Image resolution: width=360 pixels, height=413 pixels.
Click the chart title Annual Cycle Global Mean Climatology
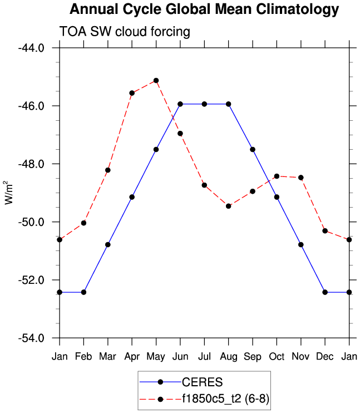(204, 9)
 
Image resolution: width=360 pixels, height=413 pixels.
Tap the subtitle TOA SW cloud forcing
(125, 32)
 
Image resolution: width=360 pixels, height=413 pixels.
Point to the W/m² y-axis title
(8, 193)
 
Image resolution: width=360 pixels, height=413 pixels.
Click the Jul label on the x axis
(204, 356)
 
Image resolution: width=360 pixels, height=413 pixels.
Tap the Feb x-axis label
(83, 356)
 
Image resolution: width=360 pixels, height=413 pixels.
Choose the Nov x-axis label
(301, 356)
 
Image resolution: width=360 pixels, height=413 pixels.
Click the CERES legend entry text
(202, 382)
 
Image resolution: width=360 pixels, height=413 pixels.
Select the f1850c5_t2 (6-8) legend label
(225, 399)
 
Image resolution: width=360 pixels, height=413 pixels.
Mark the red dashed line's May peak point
(156, 81)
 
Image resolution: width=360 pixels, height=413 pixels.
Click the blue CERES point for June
(180, 104)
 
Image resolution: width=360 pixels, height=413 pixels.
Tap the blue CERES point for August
(229, 104)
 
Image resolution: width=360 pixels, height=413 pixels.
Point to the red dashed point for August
(229, 206)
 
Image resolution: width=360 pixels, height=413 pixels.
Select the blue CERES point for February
(83, 292)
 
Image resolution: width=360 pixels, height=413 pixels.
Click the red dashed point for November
(301, 178)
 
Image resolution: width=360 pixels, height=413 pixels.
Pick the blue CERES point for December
(325, 292)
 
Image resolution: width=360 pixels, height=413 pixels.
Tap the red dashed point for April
(132, 93)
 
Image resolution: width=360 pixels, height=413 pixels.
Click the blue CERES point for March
(108, 244)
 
